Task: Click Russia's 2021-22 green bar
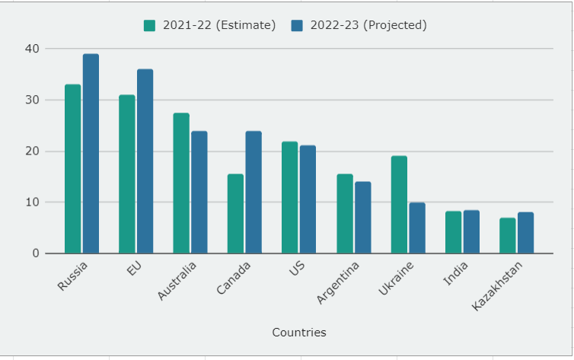pos(72,169)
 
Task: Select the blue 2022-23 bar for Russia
pos(91,154)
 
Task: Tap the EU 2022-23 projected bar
pos(145,161)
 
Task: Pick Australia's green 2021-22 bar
pos(181,183)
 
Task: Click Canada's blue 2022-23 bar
pos(254,192)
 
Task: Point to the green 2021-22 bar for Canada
pos(235,214)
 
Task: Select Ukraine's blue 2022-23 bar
pos(417,228)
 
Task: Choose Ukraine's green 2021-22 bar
pos(399,205)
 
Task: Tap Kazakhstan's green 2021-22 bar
pos(507,236)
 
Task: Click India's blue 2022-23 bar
pos(471,232)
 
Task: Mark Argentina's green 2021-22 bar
pos(344,214)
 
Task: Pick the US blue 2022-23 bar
pos(308,199)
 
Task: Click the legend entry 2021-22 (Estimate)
pos(209,25)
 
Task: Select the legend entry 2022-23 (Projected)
pos(359,25)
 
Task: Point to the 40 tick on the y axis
pos(31,49)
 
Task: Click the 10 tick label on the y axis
pos(31,202)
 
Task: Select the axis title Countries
pos(298,333)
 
